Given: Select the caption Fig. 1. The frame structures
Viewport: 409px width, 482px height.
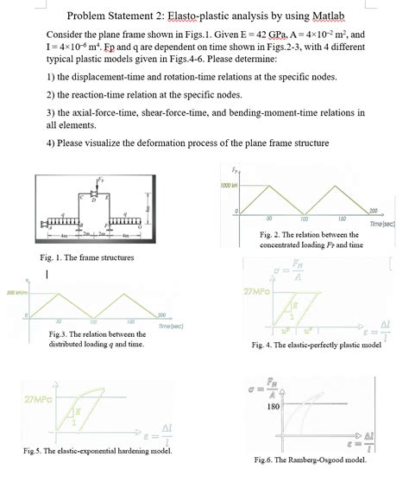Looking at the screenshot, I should (83, 257).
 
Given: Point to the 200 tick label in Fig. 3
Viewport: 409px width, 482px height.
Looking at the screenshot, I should (161, 316).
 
